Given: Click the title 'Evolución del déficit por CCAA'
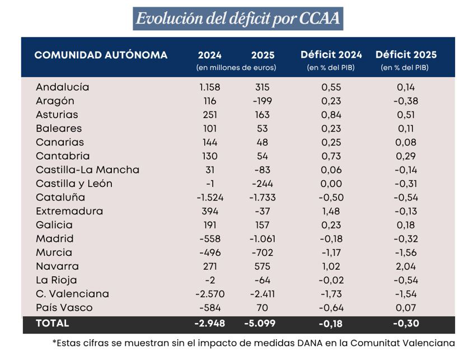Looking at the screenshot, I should (x=237, y=18).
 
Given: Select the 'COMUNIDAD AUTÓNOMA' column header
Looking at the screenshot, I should (x=101, y=55).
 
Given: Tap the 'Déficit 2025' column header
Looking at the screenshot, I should (x=406, y=55).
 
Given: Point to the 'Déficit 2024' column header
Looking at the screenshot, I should (x=331, y=55).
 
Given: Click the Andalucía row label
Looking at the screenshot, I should (x=62, y=87).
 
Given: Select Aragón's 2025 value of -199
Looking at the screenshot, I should (x=261, y=101).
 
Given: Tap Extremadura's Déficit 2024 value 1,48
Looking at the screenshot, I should (x=331, y=211).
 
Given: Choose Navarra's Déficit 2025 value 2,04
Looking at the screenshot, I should (x=406, y=267).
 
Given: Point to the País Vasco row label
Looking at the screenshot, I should (x=64, y=308).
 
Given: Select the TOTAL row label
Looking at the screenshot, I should (x=52, y=324).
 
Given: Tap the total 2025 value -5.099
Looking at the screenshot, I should (x=260, y=324).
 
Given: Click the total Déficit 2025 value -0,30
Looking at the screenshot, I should (x=406, y=324).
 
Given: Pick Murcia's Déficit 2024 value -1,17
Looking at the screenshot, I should (x=331, y=253).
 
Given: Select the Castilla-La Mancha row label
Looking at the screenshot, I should (x=87, y=170).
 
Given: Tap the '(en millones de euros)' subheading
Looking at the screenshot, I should (x=236, y=68).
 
